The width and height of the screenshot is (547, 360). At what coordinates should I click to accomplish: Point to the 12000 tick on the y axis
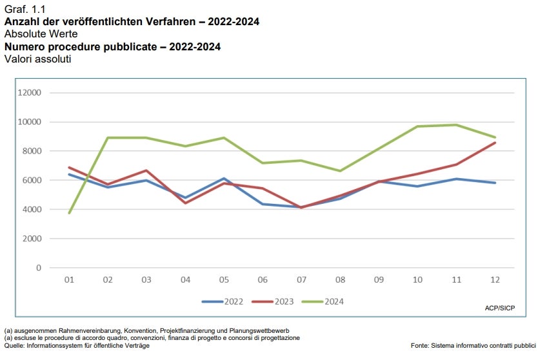tap(30, 93)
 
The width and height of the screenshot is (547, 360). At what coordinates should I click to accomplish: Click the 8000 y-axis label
tap(32, 151)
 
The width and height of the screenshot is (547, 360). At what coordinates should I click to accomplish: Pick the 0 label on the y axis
tap(39, 268)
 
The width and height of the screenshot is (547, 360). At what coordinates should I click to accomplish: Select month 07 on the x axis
tap(301, 280)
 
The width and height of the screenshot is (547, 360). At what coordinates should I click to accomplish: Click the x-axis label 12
tap(495, 280)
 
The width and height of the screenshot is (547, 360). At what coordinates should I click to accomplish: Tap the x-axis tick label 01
tap(69, 280)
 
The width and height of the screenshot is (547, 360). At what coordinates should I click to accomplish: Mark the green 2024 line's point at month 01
tap(69, 213)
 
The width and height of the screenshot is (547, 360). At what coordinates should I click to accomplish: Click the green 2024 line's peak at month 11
tap(456, 125)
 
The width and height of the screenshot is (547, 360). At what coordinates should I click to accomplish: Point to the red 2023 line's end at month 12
tap(495, 143)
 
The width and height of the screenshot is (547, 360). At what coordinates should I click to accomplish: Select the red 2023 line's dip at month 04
tap(185, 203)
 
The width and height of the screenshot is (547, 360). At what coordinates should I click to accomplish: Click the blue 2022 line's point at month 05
tap(224, 179)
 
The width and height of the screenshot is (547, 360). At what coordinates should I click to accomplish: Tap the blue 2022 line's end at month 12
tap(495, 183)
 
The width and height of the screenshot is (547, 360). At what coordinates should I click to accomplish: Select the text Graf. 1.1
tap(22, 8)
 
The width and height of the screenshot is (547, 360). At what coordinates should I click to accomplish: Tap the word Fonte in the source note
tap(421, 346)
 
